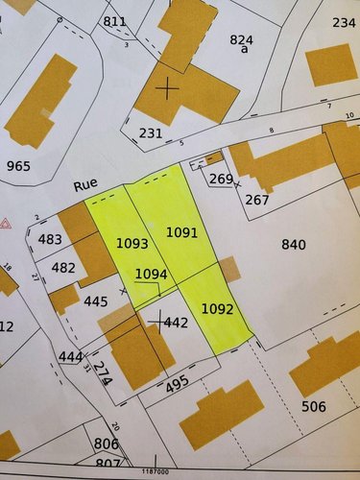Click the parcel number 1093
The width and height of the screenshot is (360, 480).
(x=132, y=244)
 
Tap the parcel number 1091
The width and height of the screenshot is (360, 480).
(x=181, y=232)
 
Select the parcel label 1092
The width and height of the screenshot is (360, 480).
(x=218, y=309)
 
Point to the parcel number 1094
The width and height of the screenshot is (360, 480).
(x=151, y=274)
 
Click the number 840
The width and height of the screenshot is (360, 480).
(x=294, y=244)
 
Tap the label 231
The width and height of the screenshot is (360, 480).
(x=151, y=132)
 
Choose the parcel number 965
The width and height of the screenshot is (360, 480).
(x=18, y=166)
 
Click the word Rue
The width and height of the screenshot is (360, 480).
(x=87, y=185)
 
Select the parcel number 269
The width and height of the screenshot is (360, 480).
(x=221, y=179)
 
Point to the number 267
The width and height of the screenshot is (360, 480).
(x=257, y=200)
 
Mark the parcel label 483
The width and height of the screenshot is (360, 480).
(x=50, y=240)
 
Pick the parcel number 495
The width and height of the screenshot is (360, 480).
(x=176, y=385)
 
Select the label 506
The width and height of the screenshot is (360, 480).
(x=313, y=407)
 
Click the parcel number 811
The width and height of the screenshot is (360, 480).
(x=115, y=21)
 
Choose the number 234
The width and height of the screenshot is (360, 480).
(x=344, y=22)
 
